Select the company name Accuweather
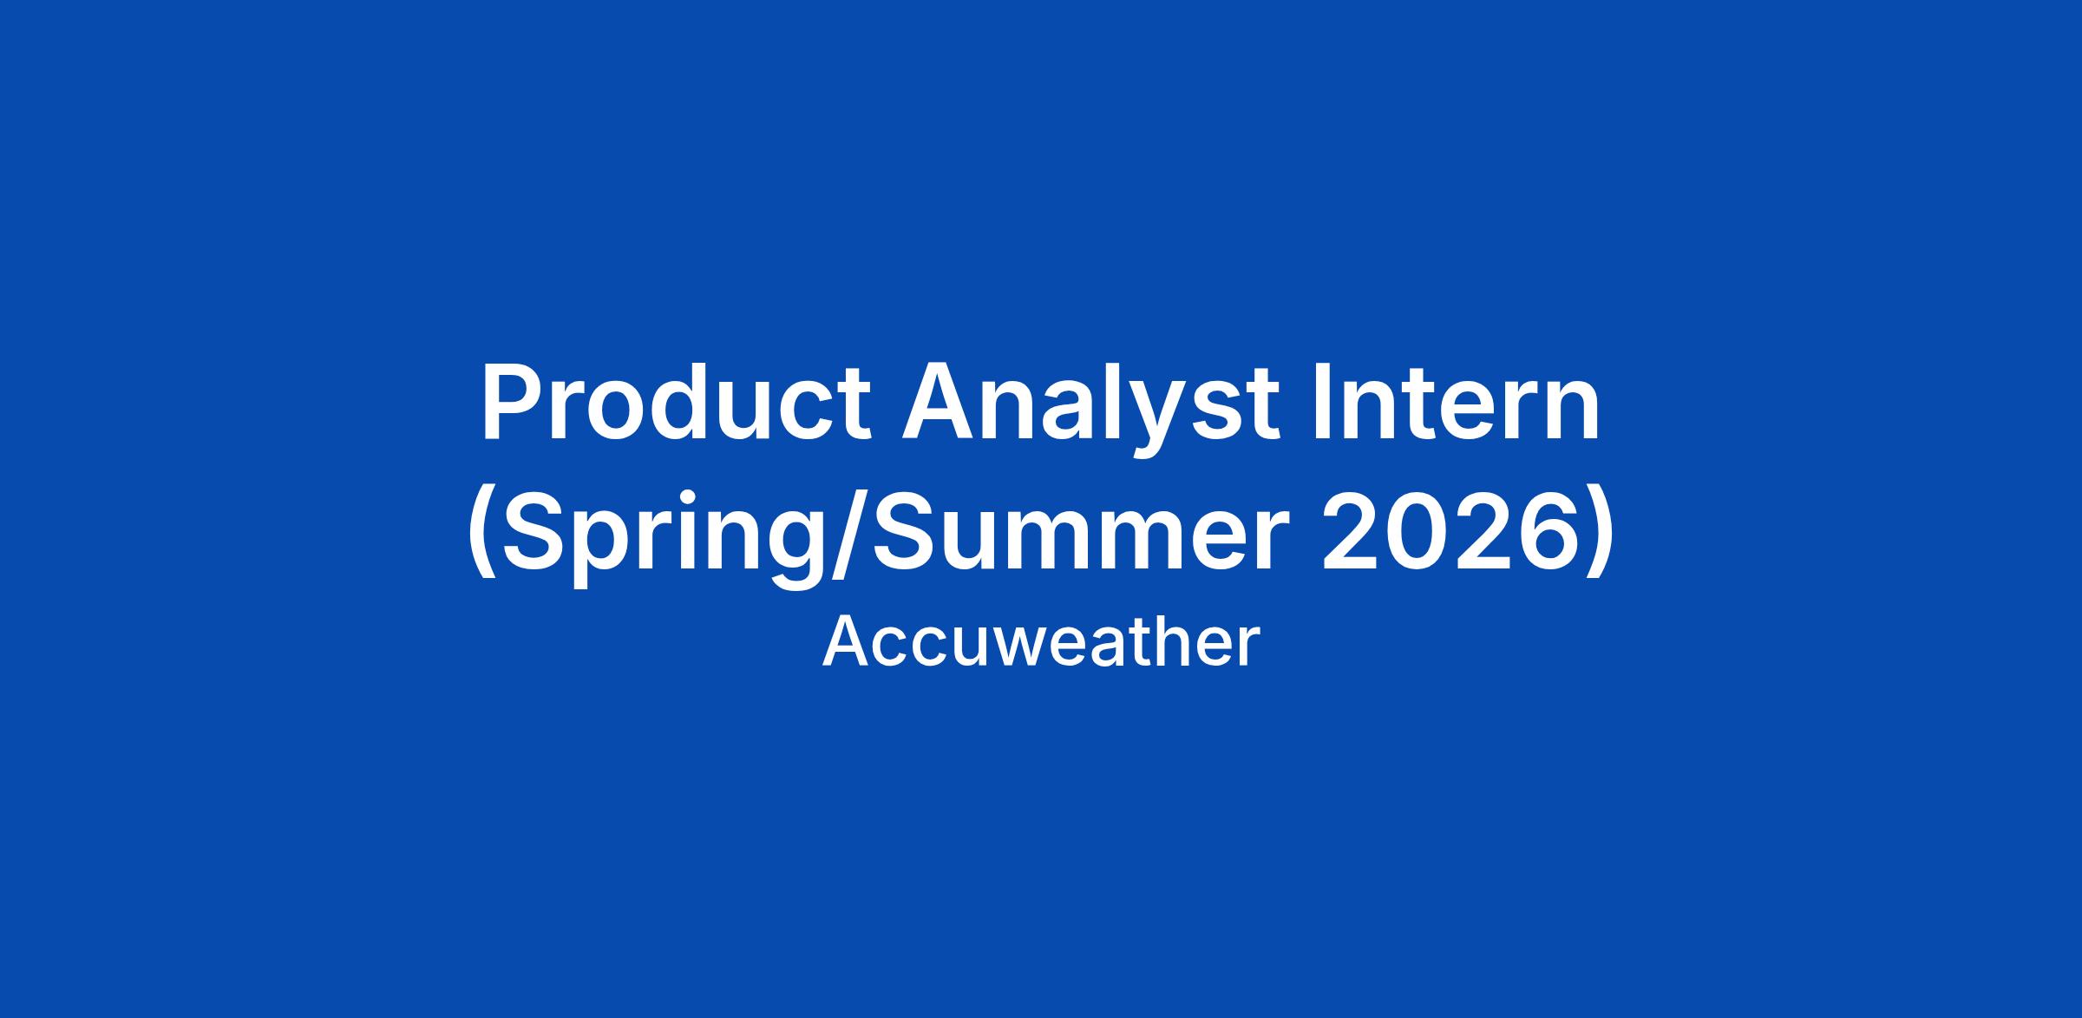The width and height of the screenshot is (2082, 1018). [1040, 643]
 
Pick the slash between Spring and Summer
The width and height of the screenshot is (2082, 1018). [846, 538]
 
